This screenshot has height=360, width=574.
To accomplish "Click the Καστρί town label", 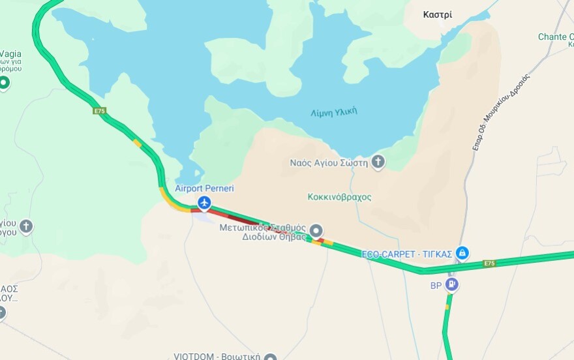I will pyautogui.click(x=437, y=15).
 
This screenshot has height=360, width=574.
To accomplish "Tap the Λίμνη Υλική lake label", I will pyautogui.click(x=333, y=112).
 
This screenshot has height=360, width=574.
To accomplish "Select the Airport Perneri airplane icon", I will pyautogui.click(x=205, y=203).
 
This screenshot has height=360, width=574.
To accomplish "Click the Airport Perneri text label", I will pyautogui.click(x=204, y=188).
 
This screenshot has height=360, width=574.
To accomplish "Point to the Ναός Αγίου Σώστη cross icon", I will pyautogui.click(x=378, y=162).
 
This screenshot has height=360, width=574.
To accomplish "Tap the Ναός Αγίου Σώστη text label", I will pyautogui.click(x=329, y=162).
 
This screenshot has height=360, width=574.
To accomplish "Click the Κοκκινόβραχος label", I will pyautogui.click(x=339, y=197).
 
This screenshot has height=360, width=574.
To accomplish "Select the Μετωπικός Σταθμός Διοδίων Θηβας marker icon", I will pyautogui.click(x=316, y=230).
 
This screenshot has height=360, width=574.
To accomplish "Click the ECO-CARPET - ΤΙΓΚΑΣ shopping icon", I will pyautogui.click(x=462, y=252).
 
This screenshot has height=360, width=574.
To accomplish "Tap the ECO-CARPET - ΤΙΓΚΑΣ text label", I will pyautogui.click(x=407, y=254).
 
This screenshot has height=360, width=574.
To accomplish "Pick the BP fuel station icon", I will pyautogui.click(x=451, y=285).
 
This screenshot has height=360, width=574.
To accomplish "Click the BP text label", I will pyautogui.click(x=436, y=286).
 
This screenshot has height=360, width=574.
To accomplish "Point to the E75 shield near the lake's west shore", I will pyautogui.click(x=99, y=111).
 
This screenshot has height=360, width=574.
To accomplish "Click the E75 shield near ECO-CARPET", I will pyautogui.click(x=489, y=263).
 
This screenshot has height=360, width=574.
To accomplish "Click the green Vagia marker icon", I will pyautogui.click(x=4, y=83).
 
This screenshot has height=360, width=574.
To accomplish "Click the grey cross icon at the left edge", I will pyautogui.click(x=25, y=227).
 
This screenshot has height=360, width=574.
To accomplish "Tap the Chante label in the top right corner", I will pyautogui.click(x=554, y=37).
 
